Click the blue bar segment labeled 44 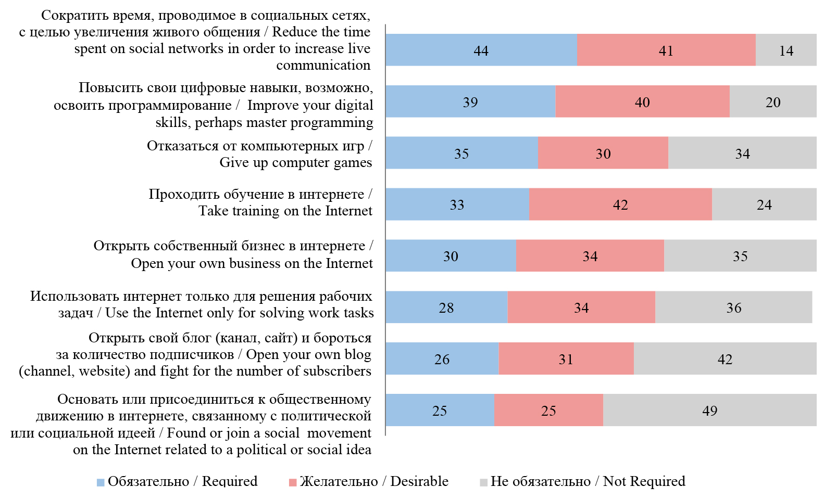(x=481, y=50)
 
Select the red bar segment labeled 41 (x=666, y=50)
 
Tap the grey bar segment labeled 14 (x=785, y=50)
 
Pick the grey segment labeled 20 (x=772, y=101)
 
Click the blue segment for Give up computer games (x=461, y=153)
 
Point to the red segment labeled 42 (x=620, y=204)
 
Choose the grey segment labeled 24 (x=764, y=204)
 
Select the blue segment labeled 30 (x=451, y=255)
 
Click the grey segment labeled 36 (x=733, y=307)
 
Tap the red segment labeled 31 (x=566, y=358)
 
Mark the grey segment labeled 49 (x=709, y=410)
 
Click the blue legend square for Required (x=101, y=482)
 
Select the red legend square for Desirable (x=293, y=482)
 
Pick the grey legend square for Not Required (x=483, y=482)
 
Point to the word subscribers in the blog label (x=337, y=371)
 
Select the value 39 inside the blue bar (x=470, y=102)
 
